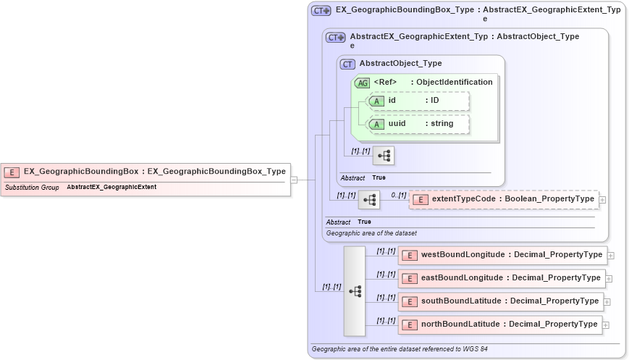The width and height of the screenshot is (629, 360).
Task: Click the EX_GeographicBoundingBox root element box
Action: click(x=145, y=172)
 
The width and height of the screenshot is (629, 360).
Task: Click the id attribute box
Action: click(x=418, y=101)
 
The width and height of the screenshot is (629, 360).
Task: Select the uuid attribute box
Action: click(x=418, y=124)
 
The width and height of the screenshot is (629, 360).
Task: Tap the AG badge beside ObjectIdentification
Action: click(x=363, y=83)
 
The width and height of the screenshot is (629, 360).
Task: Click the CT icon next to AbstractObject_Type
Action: click(x=348, y=64)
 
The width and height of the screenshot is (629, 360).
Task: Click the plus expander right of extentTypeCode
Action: click(x=602, y=199)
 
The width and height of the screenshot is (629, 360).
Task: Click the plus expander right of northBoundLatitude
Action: click(x=606, y=325)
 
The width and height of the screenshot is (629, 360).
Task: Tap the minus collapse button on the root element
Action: click(x=294, y=180)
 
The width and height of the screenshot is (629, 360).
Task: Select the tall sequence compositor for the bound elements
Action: click(x=355, y=291)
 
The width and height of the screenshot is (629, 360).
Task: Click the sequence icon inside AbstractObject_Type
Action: click(x=384, y=156)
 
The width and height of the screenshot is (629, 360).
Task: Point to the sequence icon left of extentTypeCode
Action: click(x=369, y=200)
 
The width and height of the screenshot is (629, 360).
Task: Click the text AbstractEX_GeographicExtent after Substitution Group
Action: click(x=111, y=188)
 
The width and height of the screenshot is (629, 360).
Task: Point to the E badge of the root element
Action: click(x=12, y=172)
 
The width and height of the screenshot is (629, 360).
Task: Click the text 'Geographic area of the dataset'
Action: click(x=371, y=233)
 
